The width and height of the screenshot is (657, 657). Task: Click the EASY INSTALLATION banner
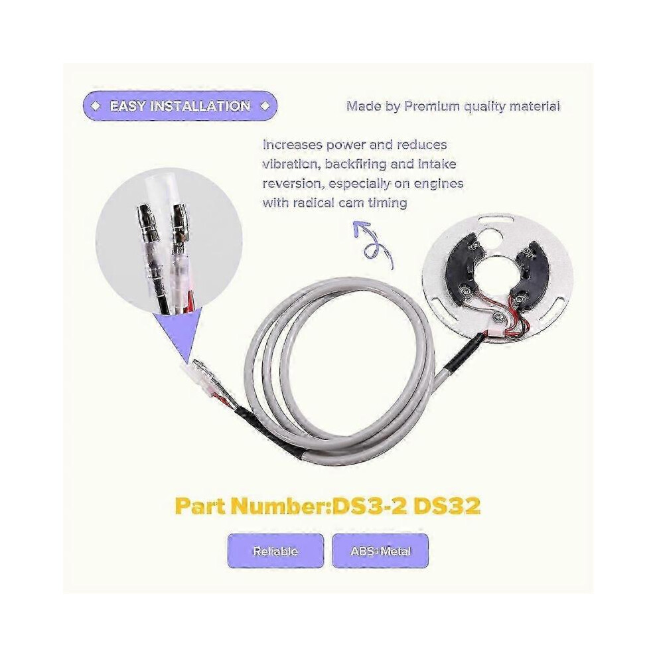click(180, 106)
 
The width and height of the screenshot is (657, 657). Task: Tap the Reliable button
click(275, 551)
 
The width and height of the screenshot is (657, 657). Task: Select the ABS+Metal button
click(380, 551)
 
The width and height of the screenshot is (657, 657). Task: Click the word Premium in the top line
click(431, 106)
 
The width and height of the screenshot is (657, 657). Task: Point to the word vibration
click(289, 164)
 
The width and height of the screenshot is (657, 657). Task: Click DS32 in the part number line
click(447, 506)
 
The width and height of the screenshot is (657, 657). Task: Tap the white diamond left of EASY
click(96, 106)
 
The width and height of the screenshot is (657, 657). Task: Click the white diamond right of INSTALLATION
click(265, 106)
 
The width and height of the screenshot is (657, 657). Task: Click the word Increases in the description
click(291, 145)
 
